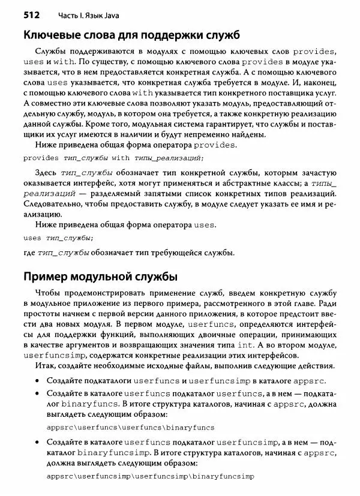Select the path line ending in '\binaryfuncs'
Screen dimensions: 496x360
(130, 427)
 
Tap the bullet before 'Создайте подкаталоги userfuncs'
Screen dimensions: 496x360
(38, 381)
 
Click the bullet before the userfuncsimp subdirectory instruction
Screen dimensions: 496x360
(38, 442)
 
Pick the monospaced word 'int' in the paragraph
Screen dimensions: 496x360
(261, 345)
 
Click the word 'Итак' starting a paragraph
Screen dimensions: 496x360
(46, 366)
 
